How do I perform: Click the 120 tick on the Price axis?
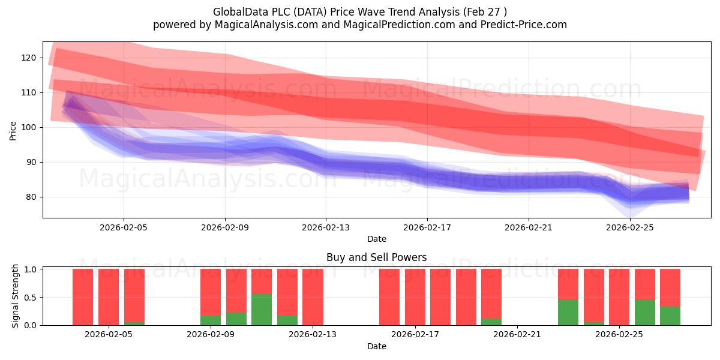29,58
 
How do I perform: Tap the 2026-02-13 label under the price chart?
326,227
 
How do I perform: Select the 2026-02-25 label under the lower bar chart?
619,335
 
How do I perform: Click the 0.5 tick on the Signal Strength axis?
30,298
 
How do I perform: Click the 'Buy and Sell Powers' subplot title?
377,257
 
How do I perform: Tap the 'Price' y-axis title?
13,131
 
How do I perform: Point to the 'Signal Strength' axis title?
15,296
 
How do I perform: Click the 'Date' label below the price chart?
377,239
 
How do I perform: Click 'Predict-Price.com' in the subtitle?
524,25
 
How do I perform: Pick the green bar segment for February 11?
262,310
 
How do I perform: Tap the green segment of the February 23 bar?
568,313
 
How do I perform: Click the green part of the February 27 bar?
670,316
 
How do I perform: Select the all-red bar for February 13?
313,298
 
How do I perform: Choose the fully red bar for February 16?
389,298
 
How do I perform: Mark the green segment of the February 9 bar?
211,320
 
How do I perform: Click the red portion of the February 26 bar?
645,284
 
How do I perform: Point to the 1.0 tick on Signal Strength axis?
30,269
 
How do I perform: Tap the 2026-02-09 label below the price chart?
225,227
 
